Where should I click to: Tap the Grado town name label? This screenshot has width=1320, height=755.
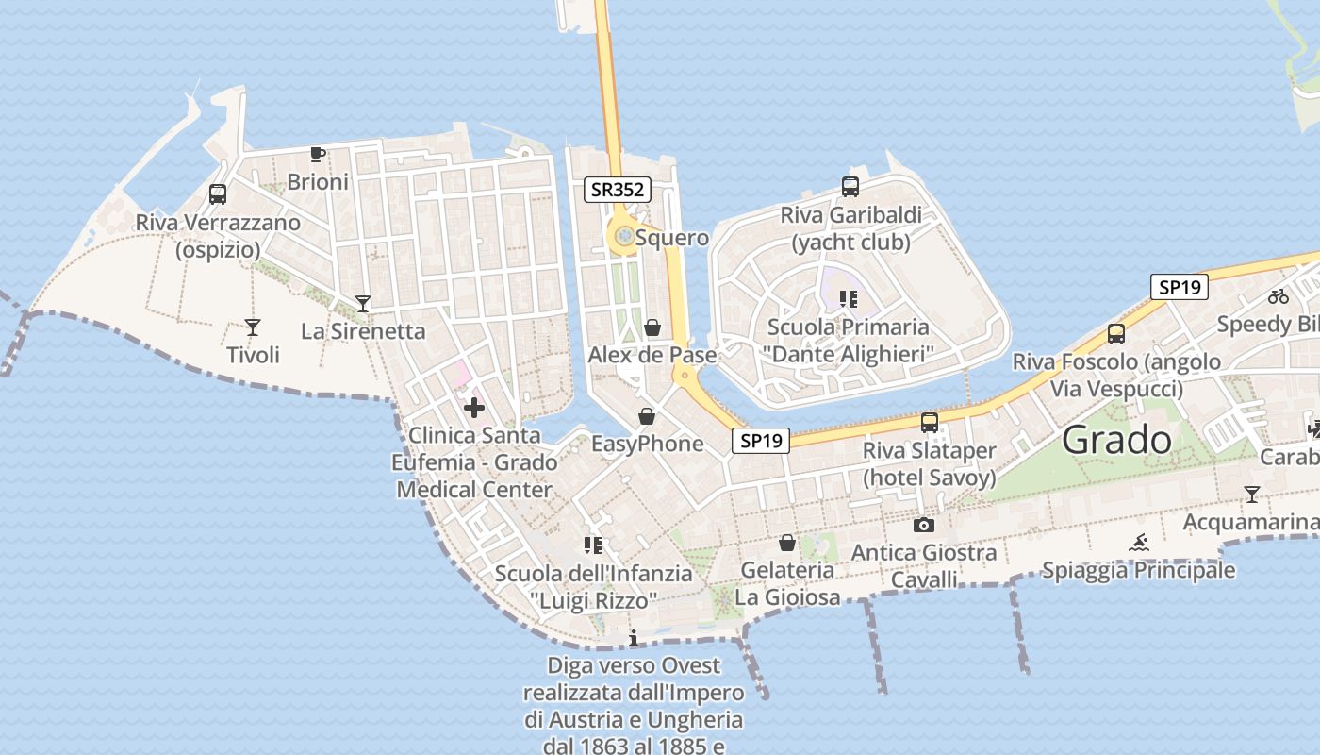click(1117, 440)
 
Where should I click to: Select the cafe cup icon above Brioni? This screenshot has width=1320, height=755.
click(318, 154)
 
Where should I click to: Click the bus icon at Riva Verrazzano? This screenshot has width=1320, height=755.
click(218, 194)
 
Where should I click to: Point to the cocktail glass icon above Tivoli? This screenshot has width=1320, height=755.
click(253, 327)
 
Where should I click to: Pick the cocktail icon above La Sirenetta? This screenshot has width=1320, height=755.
click(363, 303)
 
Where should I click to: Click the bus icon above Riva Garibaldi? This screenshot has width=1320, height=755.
click(850, 187)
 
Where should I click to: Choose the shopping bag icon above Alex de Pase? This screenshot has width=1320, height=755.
click(652, 327)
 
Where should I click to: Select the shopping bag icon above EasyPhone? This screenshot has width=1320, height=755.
click(647, 416)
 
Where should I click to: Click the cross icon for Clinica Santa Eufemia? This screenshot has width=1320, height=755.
click(474, 408)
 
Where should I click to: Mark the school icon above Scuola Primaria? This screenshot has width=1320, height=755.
click(849, 299)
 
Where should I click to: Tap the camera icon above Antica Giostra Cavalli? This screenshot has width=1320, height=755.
click(924, 525)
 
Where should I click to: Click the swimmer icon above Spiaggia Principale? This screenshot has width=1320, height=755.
click(1139, 543)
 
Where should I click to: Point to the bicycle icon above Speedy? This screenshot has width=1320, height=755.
click(1279, 296)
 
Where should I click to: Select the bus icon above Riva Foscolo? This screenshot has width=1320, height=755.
click(1116, 333)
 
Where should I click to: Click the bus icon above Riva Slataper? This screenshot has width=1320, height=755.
click(930, 422)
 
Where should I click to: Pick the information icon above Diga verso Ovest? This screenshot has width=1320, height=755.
click(634, 639)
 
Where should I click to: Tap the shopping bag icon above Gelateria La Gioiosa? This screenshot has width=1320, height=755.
click(786, 543)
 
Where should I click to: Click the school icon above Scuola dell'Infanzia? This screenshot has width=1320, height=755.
click(593, 545)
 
